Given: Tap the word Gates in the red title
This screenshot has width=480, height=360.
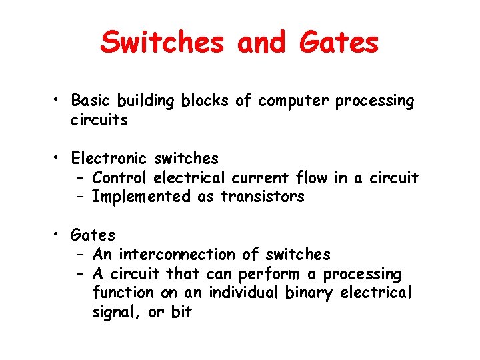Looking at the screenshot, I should tap(339, 43).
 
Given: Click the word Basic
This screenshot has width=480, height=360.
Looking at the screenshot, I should tap(91, 101).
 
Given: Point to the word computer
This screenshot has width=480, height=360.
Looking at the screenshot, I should tap(294, 101).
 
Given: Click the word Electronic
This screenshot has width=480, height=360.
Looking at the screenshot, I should tap(109, 159).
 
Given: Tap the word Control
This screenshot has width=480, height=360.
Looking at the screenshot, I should tap(120, 178).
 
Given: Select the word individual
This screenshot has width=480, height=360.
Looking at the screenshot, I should tap(242, 293).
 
